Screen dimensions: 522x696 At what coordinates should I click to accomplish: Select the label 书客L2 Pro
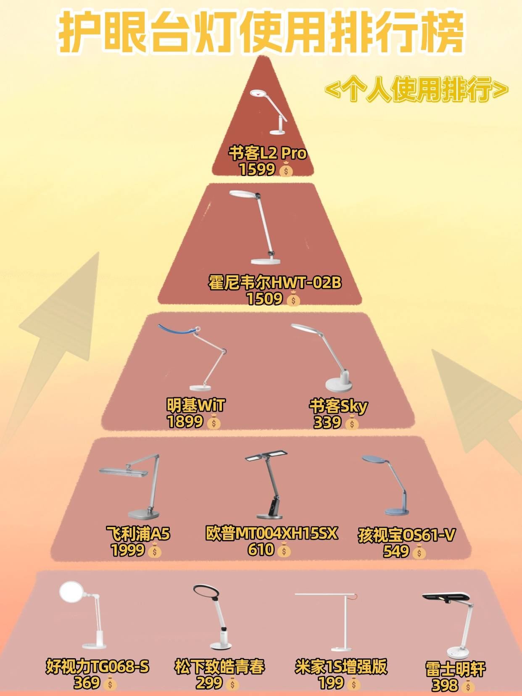268,153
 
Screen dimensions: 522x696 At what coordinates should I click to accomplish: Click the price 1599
257,170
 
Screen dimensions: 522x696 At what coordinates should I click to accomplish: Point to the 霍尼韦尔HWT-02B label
275,282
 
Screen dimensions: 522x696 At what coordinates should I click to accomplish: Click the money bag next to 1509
293,299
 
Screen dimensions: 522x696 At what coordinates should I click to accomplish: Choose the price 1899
185,422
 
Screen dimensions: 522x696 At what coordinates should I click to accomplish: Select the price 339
327,422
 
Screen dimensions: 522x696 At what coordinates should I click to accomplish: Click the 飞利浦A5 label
138,534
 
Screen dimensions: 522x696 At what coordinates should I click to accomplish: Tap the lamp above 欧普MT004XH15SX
267,485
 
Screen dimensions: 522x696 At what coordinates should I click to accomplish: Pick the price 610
261,549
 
